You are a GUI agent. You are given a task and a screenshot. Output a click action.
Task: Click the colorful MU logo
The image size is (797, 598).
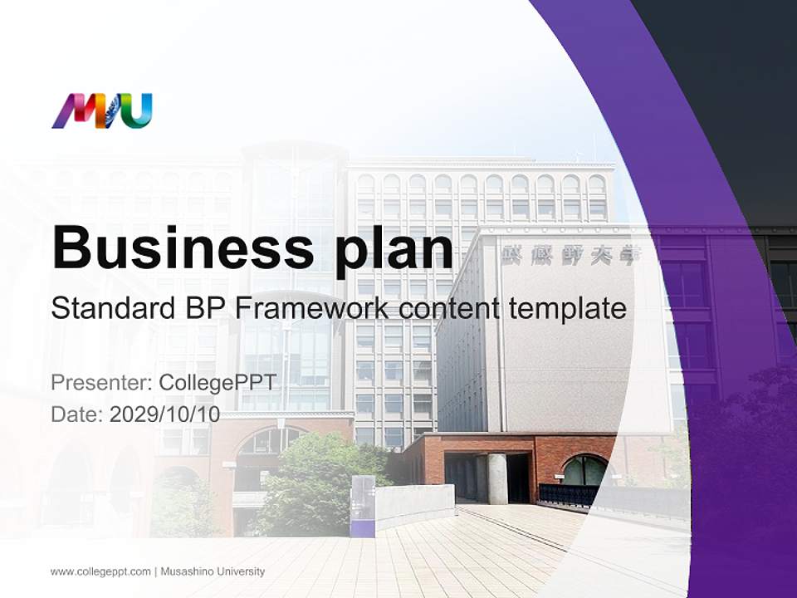[x=102, y=111]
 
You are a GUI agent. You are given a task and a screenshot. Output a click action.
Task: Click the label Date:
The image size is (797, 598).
[x=77, y=414]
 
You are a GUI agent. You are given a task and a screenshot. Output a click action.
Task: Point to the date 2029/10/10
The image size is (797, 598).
[x=165, y=414]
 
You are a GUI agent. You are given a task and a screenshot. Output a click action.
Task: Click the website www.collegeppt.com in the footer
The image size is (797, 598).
[x=100, y=571]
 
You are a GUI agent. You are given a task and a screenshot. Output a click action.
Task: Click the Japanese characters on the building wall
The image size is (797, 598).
[x=571, y=255]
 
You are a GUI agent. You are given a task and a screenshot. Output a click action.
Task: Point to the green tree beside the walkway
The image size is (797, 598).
[x=311, y=490]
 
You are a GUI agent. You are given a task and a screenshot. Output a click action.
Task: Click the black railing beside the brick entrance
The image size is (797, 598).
[x=569, y=495]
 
